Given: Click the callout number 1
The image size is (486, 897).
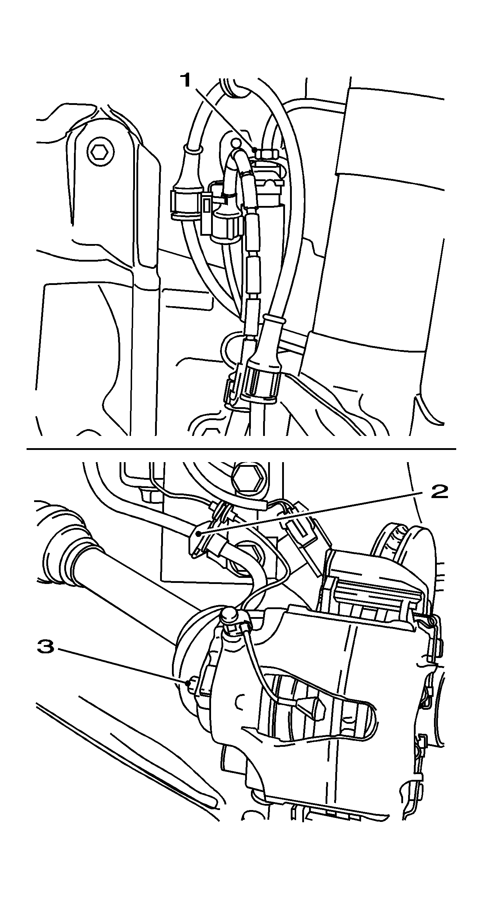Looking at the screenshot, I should (x=186, y=80).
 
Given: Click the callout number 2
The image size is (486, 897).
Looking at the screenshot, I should (x=439, y=492).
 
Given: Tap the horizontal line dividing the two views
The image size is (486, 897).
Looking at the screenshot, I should (x=240, y=449).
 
